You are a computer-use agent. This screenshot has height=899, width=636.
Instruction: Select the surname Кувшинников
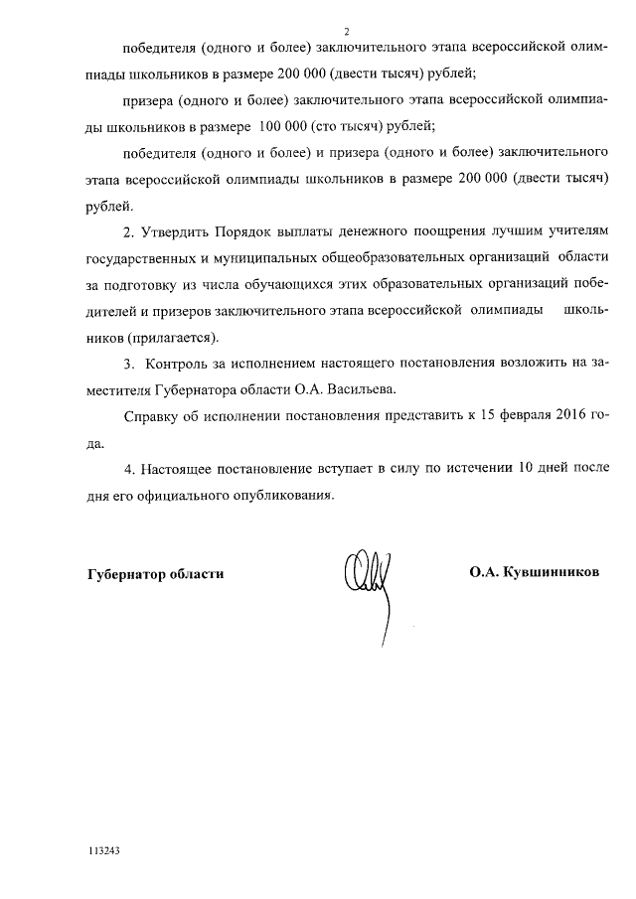(549, 573)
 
